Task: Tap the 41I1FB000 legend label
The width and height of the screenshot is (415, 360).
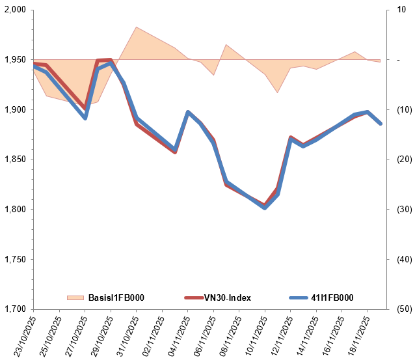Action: click(x=332, y=298)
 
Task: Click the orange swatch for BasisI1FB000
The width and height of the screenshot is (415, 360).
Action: click(x=75, y=298)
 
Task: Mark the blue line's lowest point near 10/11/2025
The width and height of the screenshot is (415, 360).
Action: click(x=265, y=208)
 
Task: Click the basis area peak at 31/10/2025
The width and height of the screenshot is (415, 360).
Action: click(x=136, y=27)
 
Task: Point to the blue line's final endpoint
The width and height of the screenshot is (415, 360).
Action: click(x=381, y=123)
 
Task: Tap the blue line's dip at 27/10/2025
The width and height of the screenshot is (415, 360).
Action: click(x=85, y=118)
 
